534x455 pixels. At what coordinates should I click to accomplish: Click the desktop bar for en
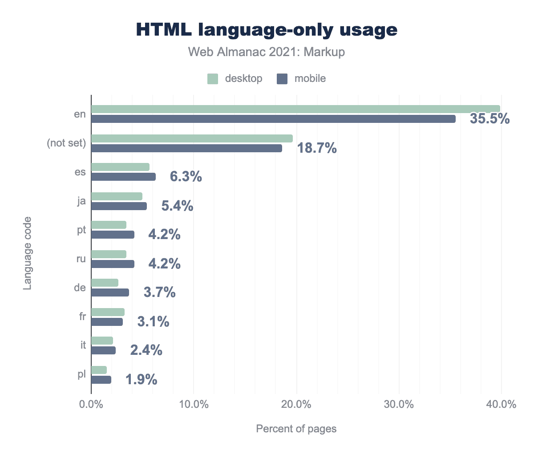click(295, 109)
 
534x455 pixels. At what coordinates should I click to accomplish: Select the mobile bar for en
click(273, 119)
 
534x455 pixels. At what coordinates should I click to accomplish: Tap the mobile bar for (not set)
click(186, 148)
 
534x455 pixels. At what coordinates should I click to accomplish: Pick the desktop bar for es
click(120, 167)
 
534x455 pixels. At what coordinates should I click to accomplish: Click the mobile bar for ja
click(119, 206)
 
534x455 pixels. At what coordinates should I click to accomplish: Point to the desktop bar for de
click(105, 283)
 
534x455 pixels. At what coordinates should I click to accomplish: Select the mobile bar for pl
click(101, 380)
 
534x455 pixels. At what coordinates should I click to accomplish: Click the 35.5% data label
click(489, 119)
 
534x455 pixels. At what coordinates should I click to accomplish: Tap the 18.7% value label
click(317, 148)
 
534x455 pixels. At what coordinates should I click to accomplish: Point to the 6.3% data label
click(186, 177)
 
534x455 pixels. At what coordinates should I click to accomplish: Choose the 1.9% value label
click(141, 380)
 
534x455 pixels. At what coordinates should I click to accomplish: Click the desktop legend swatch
click(213, 79)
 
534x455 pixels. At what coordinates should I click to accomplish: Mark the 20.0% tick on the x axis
click(296, 405)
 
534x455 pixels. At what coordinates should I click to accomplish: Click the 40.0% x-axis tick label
click(501, 405)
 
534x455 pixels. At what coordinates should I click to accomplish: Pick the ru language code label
click(81, 259)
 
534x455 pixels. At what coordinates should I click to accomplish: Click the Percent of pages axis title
click(296, 429)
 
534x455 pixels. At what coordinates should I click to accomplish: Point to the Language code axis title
click(28, 253)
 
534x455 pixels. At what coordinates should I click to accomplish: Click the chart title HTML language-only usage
click(267, 29)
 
